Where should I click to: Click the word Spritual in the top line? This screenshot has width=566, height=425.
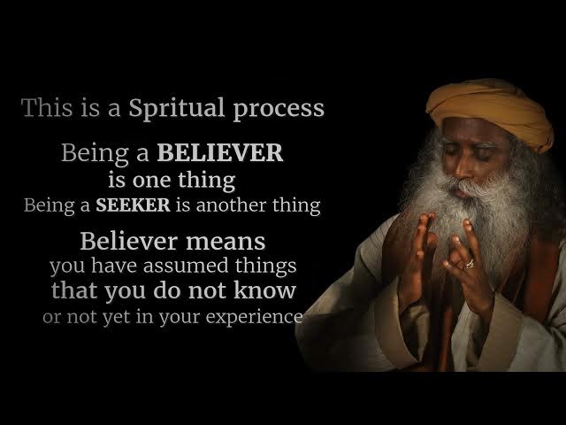[177, 108]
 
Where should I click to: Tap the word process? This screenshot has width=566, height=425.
[279, 111]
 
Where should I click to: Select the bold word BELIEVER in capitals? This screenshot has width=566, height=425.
[220, 152]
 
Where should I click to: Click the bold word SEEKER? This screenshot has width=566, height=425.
[133, 205]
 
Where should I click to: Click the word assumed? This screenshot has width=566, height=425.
[186, 266]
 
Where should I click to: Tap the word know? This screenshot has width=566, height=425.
[264, 290]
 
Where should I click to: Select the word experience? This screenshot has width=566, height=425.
[254, 318]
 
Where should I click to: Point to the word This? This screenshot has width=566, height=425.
[47, 108]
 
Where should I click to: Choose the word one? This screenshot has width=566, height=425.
[151, 181]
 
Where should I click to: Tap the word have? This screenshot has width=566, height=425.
[114, 266]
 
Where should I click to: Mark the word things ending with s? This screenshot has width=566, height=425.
[265, 267]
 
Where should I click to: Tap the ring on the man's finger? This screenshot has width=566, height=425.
[470, 264]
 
